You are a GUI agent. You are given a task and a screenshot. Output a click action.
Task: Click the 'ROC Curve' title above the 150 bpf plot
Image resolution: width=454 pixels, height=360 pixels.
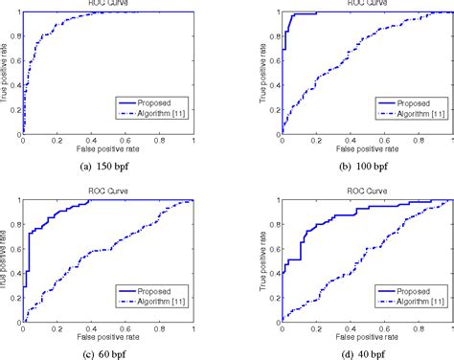[108, 5]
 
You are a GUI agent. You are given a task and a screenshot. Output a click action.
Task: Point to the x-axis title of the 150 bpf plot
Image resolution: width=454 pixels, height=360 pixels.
[108, 152]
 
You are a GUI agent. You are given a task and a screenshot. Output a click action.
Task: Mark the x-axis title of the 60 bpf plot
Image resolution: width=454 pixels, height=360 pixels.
[108, 339]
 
